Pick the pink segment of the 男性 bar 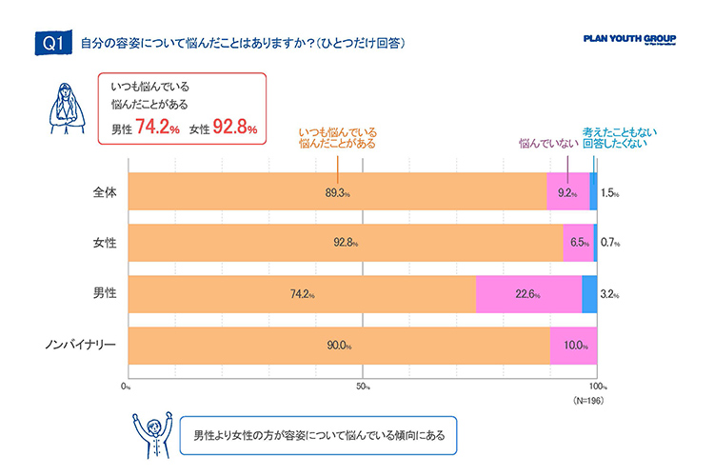coord(528,293)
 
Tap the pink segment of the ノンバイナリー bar coord(573,345)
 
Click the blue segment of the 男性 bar coord(589,293)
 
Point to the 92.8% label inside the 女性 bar coord(346,244)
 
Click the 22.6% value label coord(528,294)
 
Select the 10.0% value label coord(573,346)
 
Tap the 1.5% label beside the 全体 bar coord(610,192)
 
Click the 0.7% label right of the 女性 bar coord(610,244)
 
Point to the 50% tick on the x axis coord(364,387)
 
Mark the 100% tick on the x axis coord(598,387)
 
